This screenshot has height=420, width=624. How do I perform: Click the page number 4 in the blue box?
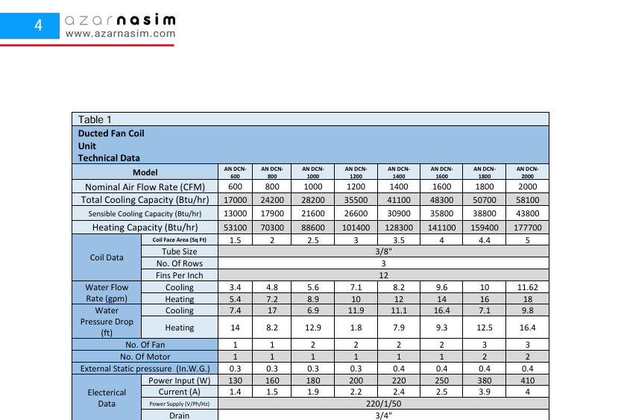[38, 25]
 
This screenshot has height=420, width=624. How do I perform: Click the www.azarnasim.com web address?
[121, 34]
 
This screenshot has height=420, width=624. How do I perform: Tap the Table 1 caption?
[95, 119]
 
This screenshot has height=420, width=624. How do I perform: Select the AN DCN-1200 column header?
[356, 172]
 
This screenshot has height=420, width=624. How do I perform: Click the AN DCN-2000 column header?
[528, 172]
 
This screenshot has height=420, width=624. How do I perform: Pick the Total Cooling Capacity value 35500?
[356, 200]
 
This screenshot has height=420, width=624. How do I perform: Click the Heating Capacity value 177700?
[528, 228]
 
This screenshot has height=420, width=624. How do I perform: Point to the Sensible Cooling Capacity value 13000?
[235, 213]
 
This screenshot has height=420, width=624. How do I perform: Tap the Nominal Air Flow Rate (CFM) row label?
[145, 187]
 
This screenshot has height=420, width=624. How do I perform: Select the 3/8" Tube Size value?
[383, 252]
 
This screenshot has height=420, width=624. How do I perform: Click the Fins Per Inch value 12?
[383, 275]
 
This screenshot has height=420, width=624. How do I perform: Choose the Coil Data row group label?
[106, 257]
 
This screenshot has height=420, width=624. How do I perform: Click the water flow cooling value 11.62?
[528, 287]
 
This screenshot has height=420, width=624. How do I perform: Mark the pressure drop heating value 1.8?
[356, 327]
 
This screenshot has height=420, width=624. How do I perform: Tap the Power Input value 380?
[485, 380]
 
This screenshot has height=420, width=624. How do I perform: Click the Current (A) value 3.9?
[485, 392]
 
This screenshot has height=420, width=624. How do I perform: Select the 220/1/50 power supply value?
[383, 404]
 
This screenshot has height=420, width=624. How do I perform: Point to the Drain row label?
[179, 416]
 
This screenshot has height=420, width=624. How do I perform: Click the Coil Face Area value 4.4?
[485, 240]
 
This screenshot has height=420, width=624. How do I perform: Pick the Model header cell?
[145, 172]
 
